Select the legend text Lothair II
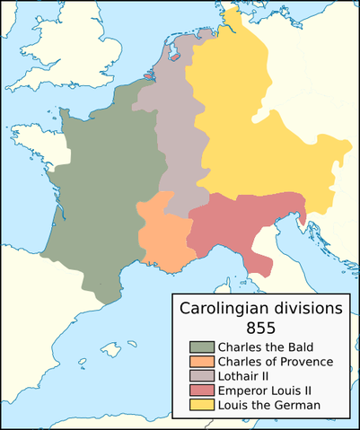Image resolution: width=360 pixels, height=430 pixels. click(x=240, y=376)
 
